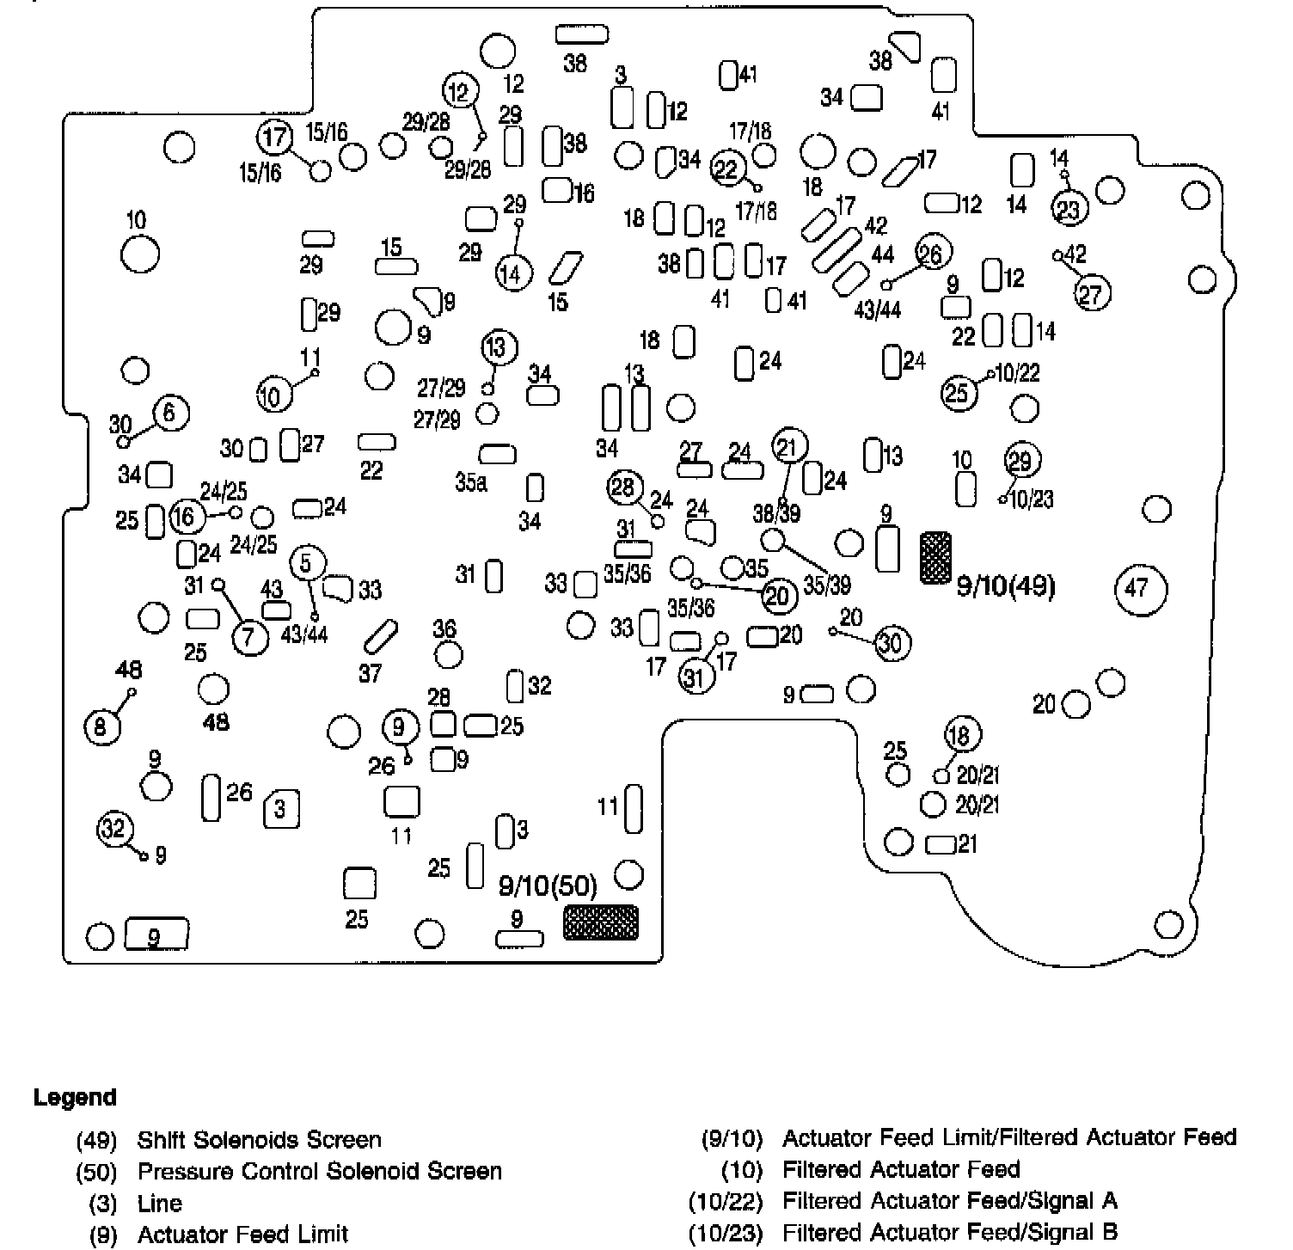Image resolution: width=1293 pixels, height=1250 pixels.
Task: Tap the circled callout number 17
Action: pos(274,138)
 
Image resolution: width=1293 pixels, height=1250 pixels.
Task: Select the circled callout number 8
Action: pos(101,728)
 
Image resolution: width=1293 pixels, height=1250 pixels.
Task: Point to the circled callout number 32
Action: pos(113,829)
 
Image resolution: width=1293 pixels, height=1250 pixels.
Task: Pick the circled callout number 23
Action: pos(1069,209)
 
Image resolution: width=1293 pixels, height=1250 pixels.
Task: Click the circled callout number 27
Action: pos(1091,295)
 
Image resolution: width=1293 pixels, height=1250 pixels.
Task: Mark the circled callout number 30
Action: pos(892,643)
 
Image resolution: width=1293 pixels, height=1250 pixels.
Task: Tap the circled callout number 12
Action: pos(460,90)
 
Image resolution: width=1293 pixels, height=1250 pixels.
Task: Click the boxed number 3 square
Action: pos(281,809)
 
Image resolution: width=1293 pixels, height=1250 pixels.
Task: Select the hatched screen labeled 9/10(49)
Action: pos(935,557)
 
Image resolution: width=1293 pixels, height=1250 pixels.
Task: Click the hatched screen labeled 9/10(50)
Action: pos(601,922)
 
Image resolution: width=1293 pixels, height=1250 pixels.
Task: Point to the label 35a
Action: pos(471,482)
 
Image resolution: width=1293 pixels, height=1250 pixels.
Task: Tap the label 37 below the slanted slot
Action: pos(370,673)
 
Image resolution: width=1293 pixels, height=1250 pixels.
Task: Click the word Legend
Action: pos(75,1098)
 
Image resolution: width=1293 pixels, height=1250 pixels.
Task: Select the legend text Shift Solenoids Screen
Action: pos(259,1140)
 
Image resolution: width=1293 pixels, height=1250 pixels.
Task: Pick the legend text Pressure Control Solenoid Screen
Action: pos(319,1171)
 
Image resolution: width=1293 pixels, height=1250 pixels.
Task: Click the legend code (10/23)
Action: pos(726,1233)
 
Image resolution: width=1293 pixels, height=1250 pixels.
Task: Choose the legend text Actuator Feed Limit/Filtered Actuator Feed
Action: pos(1008,1138)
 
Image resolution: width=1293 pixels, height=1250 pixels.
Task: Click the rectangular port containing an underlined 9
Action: pos(156,934)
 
